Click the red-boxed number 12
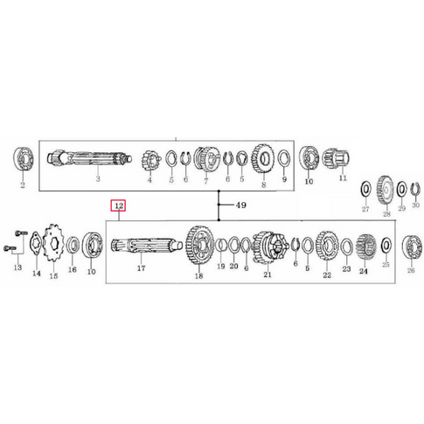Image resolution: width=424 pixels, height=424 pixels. coord(118,206)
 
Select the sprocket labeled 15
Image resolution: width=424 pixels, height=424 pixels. coord(53,240)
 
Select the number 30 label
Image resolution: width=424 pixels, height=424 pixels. coord(415,209)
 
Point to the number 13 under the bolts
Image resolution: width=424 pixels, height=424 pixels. coord(17,270)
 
